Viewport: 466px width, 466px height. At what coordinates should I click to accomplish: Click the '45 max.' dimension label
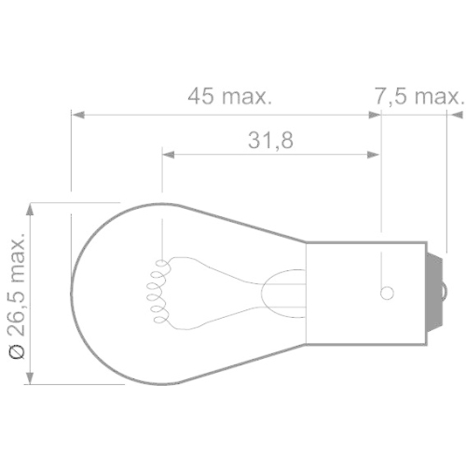coord(228,96)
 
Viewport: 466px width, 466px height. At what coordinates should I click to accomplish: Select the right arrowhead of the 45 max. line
coord(376,115)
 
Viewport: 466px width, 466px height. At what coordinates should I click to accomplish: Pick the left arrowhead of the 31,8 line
coord(169,155)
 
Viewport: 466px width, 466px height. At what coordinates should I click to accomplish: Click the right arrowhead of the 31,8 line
coord(376,155)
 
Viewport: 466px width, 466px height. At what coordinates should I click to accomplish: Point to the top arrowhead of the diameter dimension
coord(31,208)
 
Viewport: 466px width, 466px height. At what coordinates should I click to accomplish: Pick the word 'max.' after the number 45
coord(248,96)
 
